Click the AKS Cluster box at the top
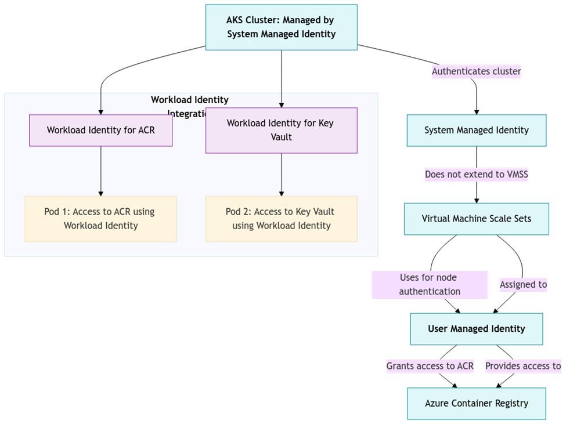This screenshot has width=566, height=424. (x=281, y=27)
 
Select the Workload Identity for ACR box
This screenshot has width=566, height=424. (x=100, y=130)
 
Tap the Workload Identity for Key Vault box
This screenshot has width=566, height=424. (x=281, y=130)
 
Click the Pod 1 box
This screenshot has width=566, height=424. (x=100, y=218)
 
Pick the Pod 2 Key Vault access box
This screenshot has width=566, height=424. (x=281, y=218)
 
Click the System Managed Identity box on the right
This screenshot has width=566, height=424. (x=476, y=130)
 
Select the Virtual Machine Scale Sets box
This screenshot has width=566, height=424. (x=476, y=219)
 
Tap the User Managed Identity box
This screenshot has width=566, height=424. (x=476, y=329)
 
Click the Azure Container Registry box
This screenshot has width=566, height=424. (x=476, y=403)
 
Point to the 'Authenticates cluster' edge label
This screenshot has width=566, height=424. (x=476, y=72)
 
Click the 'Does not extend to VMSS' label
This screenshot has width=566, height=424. (x=476, y=174)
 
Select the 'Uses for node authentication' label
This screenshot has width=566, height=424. (x=430, y=284)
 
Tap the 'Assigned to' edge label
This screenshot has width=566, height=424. (x=523, y=284)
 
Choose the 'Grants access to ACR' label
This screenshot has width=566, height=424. (x=430, y=366)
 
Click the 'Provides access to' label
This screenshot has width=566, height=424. (x=523, y=366)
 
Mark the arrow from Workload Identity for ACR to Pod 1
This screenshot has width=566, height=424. (x=100, y=171)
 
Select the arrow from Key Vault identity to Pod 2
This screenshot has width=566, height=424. (x=281, y=174)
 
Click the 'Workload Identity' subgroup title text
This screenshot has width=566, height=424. (x=190, y=100)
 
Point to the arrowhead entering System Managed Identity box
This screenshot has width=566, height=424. (x=476, y=111)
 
